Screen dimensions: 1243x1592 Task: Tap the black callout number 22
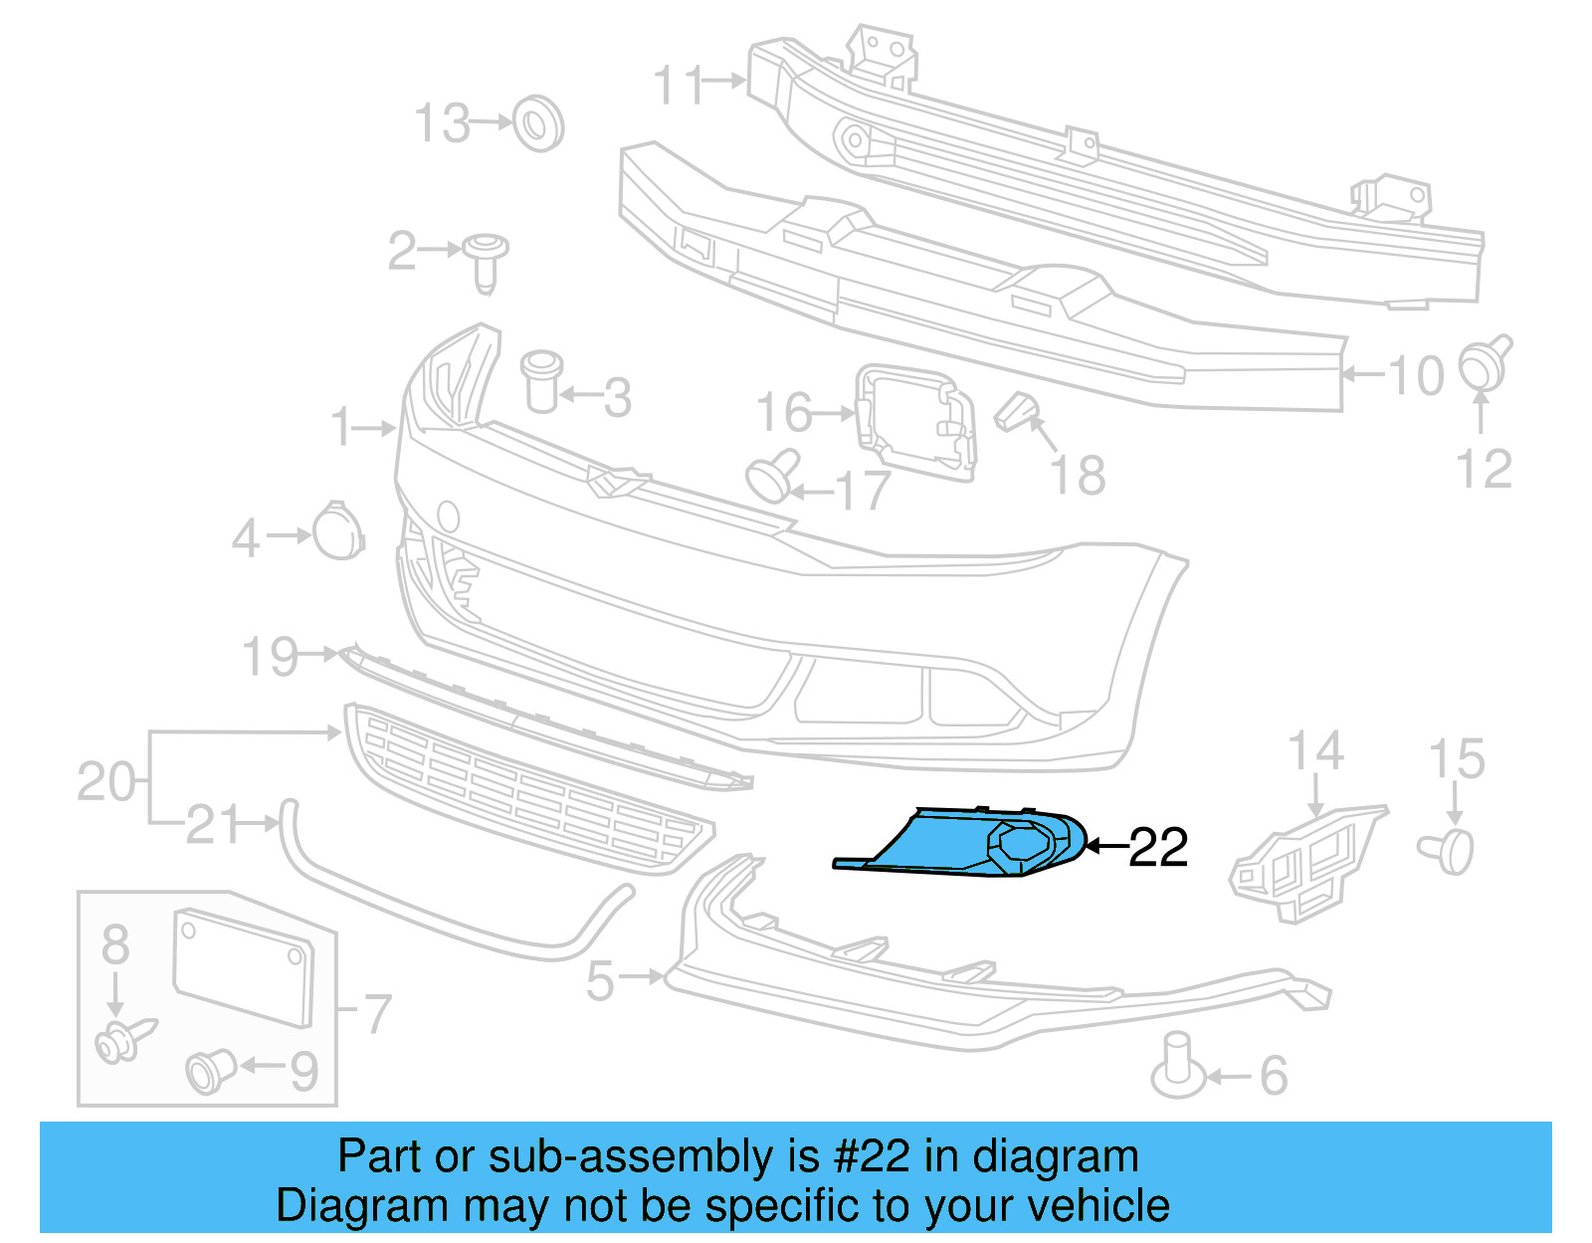[x=1158, y=848]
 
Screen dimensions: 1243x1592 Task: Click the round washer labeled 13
[x=538, y=124]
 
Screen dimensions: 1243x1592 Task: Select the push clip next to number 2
[x=486, y=261]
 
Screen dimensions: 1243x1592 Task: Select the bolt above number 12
[x=1485, y=363]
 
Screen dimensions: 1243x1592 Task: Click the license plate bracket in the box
[x=244, y=966]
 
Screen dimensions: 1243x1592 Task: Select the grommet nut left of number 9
[x=210, y=1070]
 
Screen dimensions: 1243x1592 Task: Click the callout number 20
[x=105, y=782]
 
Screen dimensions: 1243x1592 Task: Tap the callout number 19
[x=270, y=658]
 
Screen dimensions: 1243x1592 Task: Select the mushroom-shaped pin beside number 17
[x=774, y=477]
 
